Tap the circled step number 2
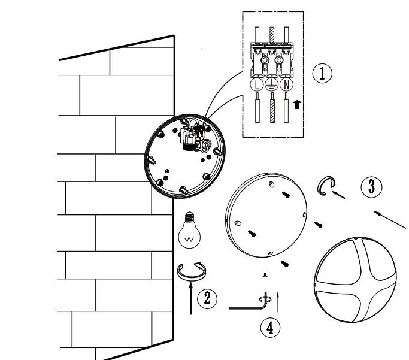coord(207,298)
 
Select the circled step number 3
coord(371,186)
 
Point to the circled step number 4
coord(269,326)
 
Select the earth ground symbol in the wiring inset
coord(271,85)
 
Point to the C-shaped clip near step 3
coord(325,187)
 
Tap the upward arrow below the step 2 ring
coord(191,299)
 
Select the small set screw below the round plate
coord(264,274)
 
